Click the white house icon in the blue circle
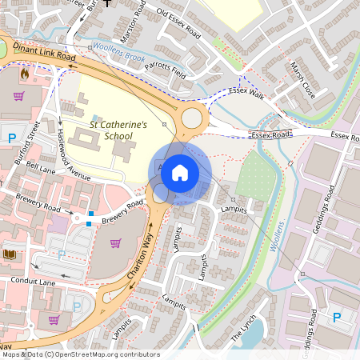click(180, 172)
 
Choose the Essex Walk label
click(246, 94)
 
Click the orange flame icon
click(24, 74)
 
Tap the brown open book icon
click(10, 254)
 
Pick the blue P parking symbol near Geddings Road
click(336, 318)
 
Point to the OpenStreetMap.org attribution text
click(104, 354)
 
